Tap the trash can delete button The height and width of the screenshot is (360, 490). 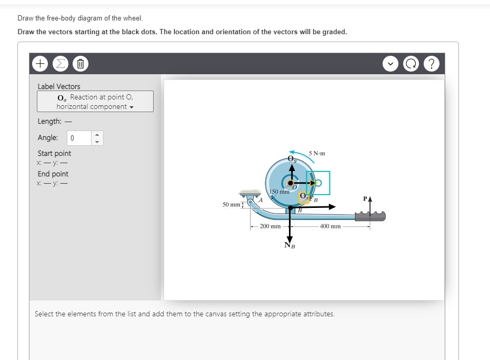click(78, 64)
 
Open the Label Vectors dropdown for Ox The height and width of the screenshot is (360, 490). click(95, 102)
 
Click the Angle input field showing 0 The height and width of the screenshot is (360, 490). click(79, 138)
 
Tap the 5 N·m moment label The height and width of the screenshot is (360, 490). click(317, 154)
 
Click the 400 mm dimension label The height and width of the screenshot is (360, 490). click(330, 226)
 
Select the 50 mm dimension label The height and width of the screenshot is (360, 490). click(229, 203)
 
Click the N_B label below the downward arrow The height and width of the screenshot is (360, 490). click(289, 245)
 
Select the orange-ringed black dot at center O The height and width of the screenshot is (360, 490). click(289, 183)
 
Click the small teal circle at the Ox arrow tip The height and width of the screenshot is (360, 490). click(319, 183)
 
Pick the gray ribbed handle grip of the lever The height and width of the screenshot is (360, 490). click(372, 216)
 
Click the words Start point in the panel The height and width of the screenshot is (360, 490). click(54, 154)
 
